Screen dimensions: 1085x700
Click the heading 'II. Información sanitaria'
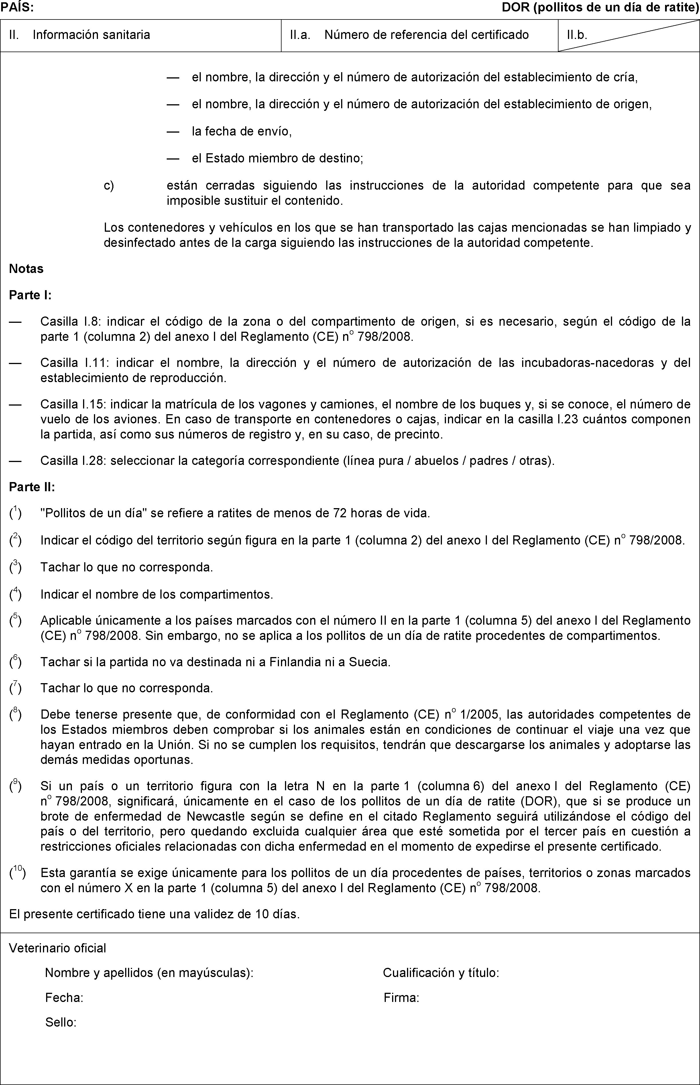tap(80, 35)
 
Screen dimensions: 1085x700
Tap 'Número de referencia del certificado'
tap(426, 35)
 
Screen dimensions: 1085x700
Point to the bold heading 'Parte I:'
tap(30, 296)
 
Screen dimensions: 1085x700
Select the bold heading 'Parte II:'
tap(32, 487)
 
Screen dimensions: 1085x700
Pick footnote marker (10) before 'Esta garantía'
tap(17, 873)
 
